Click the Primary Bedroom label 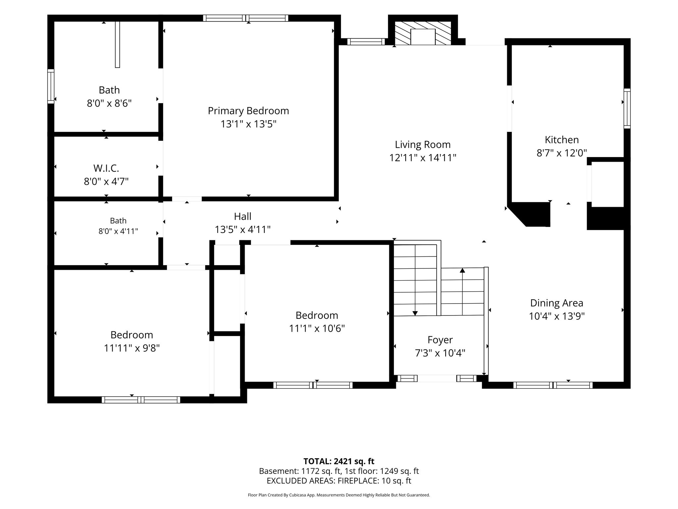pos(248,111)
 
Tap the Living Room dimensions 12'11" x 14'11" pos(423,158)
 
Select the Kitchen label pos(562,140)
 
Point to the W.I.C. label pos(106,168)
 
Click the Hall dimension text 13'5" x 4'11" pos(243,230)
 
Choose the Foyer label pos(440,340)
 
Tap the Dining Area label pos(557,303)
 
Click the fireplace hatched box pos(423,33)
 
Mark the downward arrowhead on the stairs pos(415,313)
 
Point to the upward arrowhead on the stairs pos(462,270)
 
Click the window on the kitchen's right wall pos(627,108)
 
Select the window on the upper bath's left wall pos(51,86)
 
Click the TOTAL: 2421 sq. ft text pos(339,461)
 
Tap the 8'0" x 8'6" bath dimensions pos(109,103)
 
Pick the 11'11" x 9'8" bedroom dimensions pos(132,348)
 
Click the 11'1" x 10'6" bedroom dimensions pos(317,328)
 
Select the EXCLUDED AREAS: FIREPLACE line pos(339,481)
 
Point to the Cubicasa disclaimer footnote pos(339,495)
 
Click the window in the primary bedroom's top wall pos(246,18)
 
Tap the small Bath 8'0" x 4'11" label pos(118,226)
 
